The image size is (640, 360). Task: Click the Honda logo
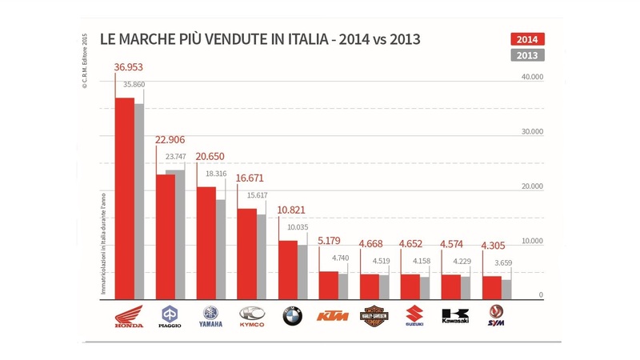[128, 317]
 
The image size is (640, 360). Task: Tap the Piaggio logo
[170, 317]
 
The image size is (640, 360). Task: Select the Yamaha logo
[210, 317]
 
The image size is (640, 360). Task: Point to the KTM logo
[332, 317]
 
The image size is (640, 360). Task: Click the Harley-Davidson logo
[374, 316]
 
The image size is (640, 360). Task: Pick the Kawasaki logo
[455, 316]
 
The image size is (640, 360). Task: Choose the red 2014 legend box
[527, 39]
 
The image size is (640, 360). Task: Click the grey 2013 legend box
[527, 55]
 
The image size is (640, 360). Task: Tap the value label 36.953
[130, 67]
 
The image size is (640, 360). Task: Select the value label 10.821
[291, 210]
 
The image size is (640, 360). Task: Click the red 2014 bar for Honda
[124, 200]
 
